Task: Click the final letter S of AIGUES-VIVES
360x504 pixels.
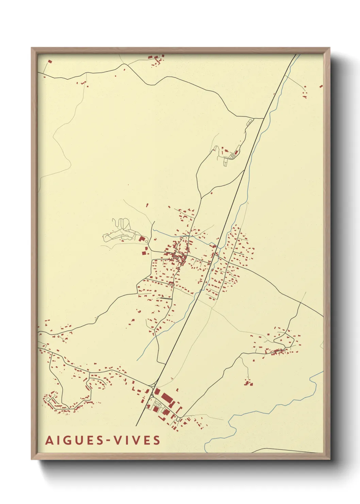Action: (157, 440)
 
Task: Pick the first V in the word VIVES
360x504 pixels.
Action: (117, 440)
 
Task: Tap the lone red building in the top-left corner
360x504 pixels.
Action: (50, 62)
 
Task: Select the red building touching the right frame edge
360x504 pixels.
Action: (321, 86)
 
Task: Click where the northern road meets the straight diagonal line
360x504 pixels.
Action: (264, 119)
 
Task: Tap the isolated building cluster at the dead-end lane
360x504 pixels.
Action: (249, 383)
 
